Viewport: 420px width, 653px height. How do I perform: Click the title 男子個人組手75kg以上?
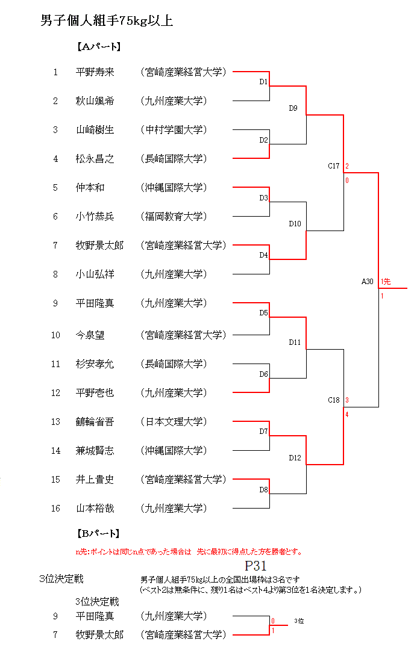point(107,22)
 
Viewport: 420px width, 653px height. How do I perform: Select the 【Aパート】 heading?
point(98,46)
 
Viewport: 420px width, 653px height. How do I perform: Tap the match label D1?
point(263,81)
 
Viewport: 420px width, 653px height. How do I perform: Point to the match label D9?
point(293,108)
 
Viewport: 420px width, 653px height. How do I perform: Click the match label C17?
point(334,166)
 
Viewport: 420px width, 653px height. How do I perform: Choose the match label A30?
point(368,281)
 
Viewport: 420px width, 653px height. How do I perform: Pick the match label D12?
point(295,458)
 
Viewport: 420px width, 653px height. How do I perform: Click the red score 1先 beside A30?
point(386,281)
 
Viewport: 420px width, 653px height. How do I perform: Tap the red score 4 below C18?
point(347,413)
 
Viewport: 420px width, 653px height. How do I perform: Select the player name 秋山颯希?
point(95,101)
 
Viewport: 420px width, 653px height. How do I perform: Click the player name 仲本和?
point(90,188)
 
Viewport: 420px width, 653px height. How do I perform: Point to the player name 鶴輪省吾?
point(95,422)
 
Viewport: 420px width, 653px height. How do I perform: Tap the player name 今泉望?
point(90,335)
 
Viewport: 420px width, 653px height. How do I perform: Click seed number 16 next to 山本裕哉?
point(55,509)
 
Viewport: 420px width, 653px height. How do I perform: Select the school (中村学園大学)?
point(174,130)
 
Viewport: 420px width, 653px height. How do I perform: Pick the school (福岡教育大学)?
point(174,217)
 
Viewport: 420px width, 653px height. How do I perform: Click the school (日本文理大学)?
point(174,422)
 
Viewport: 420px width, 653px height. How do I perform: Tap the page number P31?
point(255,566)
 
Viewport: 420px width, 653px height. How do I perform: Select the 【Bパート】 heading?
point(98,533)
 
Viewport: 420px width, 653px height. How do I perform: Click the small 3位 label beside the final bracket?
point(299,621)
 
